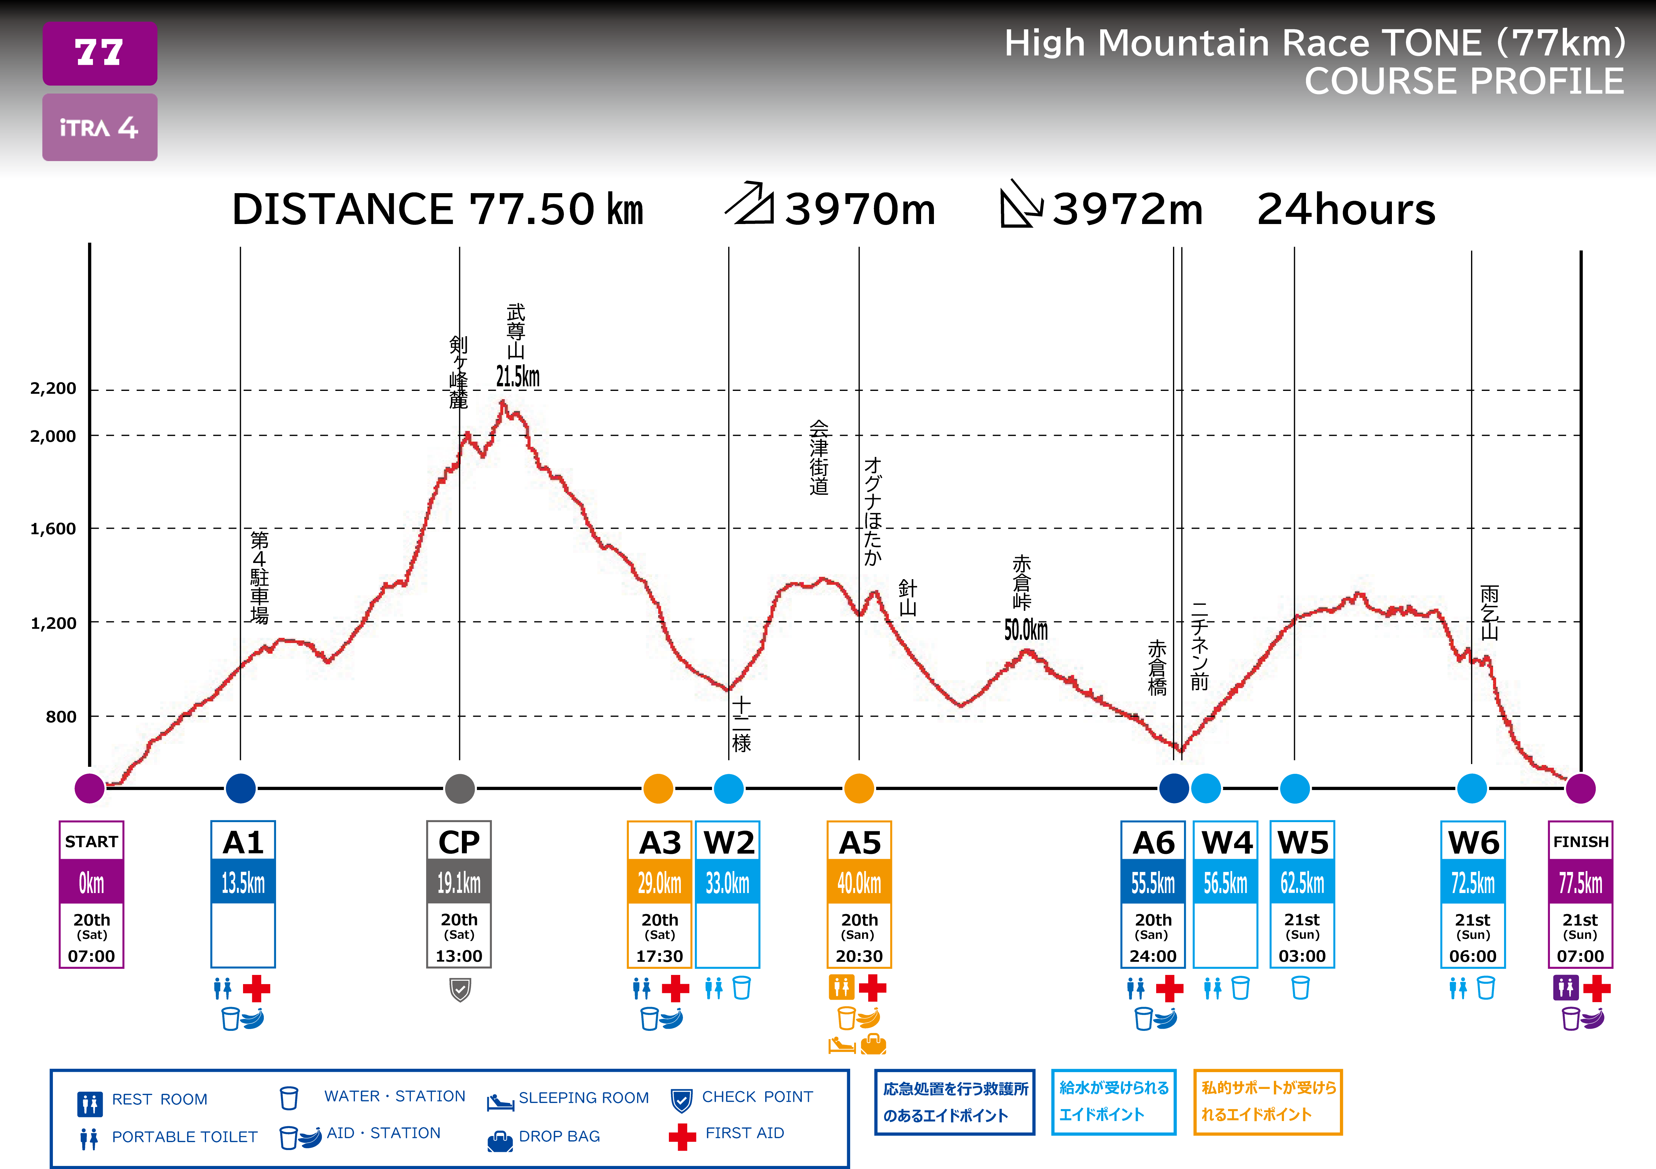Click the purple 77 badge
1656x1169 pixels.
tap(100, 53)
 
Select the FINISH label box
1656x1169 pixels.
tap(1580, 842)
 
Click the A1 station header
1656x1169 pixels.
tap(243, 842)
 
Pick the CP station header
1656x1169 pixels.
tap(459, 842)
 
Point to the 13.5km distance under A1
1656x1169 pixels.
tap(243, 882)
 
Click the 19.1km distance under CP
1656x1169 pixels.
tap(459, 882)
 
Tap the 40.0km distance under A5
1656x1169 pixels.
tap(859, 882)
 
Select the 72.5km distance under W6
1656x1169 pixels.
tap(1473, 882)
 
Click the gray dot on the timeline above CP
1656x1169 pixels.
tap(459, 788)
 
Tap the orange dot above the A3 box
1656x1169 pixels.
tap(658, 788)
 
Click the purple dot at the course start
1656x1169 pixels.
tap(90, 788)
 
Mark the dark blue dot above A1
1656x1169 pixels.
tap(241, 788)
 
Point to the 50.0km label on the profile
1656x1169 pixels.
tap(1026, 630)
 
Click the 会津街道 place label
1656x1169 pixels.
tap(819, 458)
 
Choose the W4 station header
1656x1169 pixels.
tap(1226, 842)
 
